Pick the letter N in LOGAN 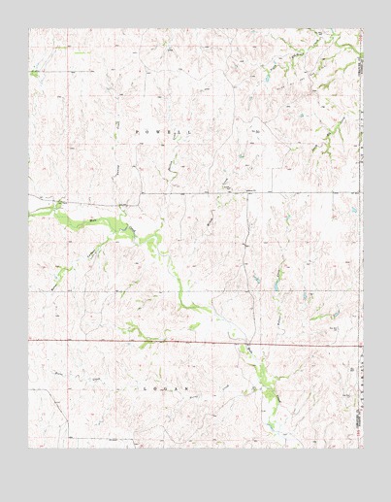coord(188,386)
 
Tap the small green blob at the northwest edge coord(34,73)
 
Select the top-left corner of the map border coord(29,28)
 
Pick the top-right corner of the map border coord(362,28)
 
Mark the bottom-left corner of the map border coord(29,448)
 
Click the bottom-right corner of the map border coord(362,448)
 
